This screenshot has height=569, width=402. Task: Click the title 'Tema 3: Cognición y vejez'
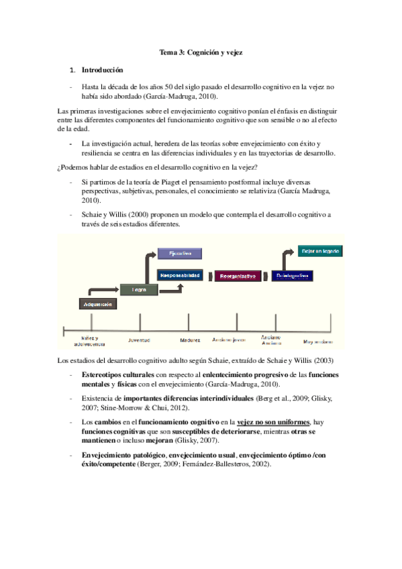(x=201, y=52)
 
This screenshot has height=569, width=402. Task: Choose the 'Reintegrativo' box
(x=293, y=276)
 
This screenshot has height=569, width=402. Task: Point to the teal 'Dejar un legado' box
(x=319, y=250)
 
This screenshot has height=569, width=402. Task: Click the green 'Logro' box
(x=138, y=290)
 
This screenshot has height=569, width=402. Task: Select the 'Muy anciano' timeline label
(x=318, y=341)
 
